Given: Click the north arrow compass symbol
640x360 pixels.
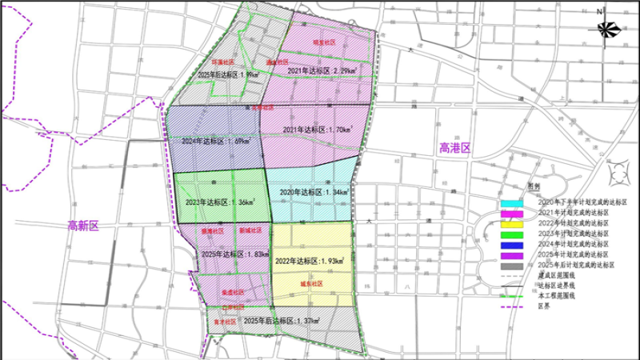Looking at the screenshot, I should click(606, 28).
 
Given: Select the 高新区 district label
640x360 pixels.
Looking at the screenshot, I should click(82, 226).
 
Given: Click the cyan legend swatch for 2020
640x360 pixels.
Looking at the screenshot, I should click(512, 203).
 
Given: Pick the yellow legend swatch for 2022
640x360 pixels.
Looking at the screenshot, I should click(512, 223).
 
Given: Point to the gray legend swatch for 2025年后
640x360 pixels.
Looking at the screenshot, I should click(512, 264).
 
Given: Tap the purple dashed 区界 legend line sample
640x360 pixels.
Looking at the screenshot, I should click(512, 305).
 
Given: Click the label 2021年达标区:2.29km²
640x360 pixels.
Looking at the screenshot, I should click(321, 70).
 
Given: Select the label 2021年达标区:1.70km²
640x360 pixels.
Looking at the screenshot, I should click(316, 129).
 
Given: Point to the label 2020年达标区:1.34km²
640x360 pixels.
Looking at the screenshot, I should click(311, 193).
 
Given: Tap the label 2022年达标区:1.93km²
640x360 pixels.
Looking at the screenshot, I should click(309, 261).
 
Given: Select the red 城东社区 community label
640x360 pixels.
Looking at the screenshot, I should click(311, 283).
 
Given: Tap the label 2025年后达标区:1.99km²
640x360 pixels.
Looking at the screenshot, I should click(228, 74).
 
